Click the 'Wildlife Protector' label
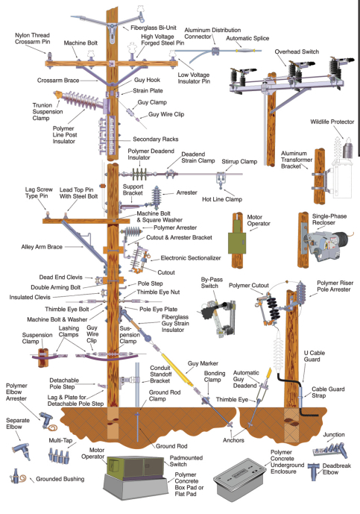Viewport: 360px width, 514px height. (x=332, y=122)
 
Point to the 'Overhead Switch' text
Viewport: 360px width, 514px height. (x=297, y=51)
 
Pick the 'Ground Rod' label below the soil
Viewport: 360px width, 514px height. (x=171, y=446)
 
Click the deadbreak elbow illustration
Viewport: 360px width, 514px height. (x=315, y=471)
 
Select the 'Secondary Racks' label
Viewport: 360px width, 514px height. (x=156, y=140)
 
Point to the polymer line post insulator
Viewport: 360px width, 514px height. (x=83, y=100)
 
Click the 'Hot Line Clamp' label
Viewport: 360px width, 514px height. (x=222, y=199)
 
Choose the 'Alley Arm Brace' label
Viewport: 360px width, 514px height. (x=42, y=247)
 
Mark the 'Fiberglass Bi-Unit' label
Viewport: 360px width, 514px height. (x=154, y=28)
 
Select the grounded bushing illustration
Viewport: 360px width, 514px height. (x=18, y=477)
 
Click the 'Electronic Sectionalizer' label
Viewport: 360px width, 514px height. (x=191, y=258)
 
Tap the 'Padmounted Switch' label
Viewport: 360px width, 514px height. (x=186, y=461)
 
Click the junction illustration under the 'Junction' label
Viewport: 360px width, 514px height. (x=330, y=450)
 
